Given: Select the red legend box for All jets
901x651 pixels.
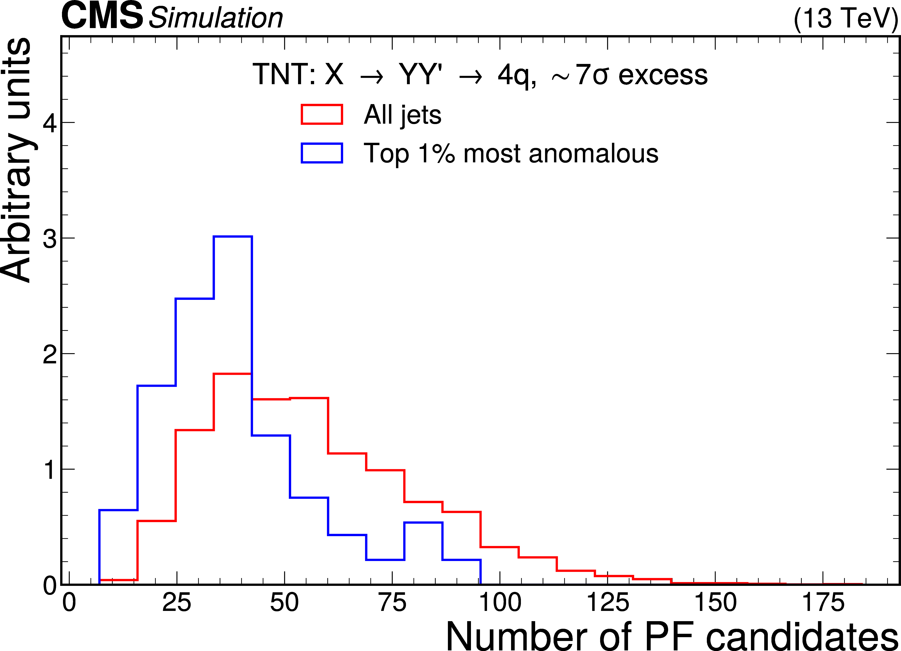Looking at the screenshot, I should click(322, 114).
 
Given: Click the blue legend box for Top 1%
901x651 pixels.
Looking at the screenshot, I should click(322, 153).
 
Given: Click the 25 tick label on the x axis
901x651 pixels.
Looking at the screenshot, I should click(177, 602).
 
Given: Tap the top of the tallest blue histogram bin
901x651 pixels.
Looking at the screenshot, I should click(233, 237).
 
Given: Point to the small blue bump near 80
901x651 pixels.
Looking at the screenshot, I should click(423, 523).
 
